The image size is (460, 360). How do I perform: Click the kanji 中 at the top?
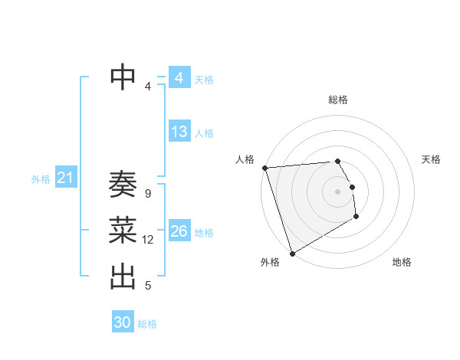tap(123, 76)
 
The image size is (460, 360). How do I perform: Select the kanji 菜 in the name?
tap(123, 229)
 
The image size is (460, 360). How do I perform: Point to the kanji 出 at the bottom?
tap(123, 277)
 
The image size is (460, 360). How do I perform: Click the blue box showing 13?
tap(179, 132)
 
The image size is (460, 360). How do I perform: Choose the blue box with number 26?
tap(179, 231)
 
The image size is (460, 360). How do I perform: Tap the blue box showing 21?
tap(65, 178)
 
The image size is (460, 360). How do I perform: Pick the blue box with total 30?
tap(123, 322)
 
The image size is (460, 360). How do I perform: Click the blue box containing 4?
tap(179, 78)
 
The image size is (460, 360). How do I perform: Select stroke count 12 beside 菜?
tap(148, 240)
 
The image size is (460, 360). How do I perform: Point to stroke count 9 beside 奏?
tap(147, 194)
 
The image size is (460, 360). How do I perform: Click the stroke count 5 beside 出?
tap(148, 286)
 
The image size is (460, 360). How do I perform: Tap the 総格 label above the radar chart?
tap(338, 100)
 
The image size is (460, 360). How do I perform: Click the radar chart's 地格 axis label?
tap(402, 262)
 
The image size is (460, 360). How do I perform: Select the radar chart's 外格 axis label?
tap(270, 262)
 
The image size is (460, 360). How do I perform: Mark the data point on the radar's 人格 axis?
tap(264, 168)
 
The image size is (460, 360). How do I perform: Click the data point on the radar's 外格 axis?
tap(292, 253)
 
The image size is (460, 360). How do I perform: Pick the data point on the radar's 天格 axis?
tap(352, 187)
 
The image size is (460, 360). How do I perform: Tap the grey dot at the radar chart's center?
tap(337, 191)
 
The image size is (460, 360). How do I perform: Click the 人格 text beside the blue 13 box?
tap(204, 133)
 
